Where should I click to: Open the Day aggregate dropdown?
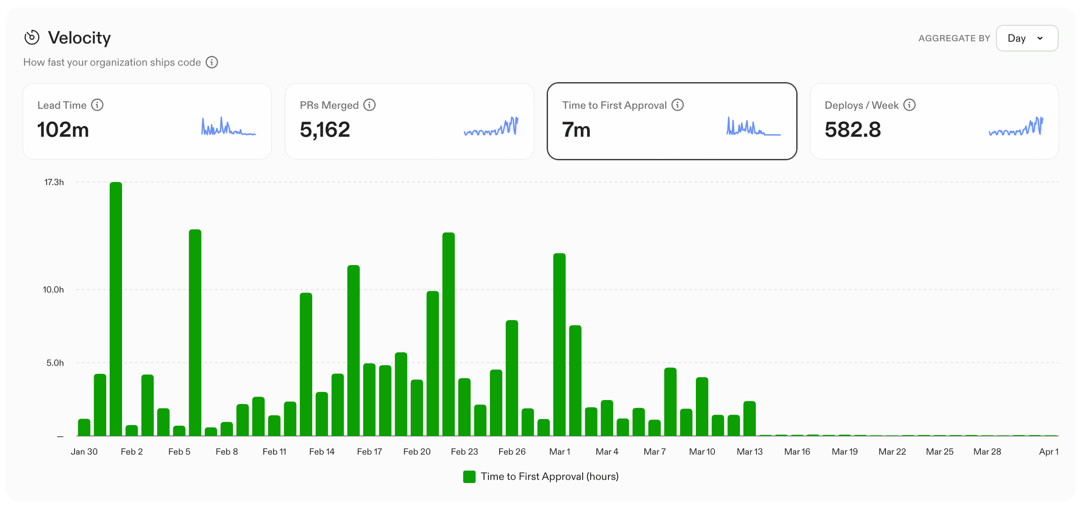tap(1027, 38)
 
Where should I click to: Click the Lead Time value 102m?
tap(63, 130)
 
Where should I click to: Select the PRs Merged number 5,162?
tap(325, 130)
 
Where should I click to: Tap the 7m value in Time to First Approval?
tap(576, 130)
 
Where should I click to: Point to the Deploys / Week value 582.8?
tap(852, 130)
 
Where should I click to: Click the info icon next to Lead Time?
tap(97, 105)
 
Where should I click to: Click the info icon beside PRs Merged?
tap(369, 105)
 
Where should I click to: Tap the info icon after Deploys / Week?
tap(909, 105)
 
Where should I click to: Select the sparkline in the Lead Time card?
tap(228, 127)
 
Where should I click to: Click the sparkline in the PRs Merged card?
tap(491, 127)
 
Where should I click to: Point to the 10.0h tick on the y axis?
tap(53, 289)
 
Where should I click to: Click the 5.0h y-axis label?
tap(55, 363)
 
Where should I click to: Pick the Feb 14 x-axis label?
tap(322, 452)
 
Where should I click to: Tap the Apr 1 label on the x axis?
tap(1048, 452)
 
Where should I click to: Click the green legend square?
tap(469, 476)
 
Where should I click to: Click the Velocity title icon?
tap(32, 38)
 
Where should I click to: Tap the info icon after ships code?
tap(212, 62)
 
